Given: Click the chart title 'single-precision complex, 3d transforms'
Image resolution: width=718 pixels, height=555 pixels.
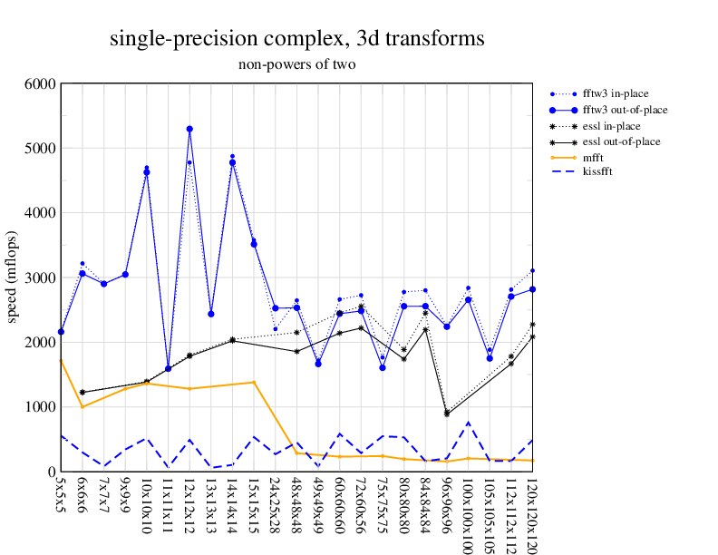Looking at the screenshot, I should coord(296,39).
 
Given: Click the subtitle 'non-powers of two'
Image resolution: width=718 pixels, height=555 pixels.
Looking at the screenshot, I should coord(296,64).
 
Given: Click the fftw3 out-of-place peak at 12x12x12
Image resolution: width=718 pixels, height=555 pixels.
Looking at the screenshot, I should coord(189,129).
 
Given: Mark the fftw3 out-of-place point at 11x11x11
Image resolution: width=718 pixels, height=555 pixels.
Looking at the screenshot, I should coord(168,368).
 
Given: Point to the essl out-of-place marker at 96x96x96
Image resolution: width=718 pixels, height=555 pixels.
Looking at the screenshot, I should coord(447,414).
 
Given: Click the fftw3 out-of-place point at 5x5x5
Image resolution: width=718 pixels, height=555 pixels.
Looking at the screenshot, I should coord(61,332).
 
